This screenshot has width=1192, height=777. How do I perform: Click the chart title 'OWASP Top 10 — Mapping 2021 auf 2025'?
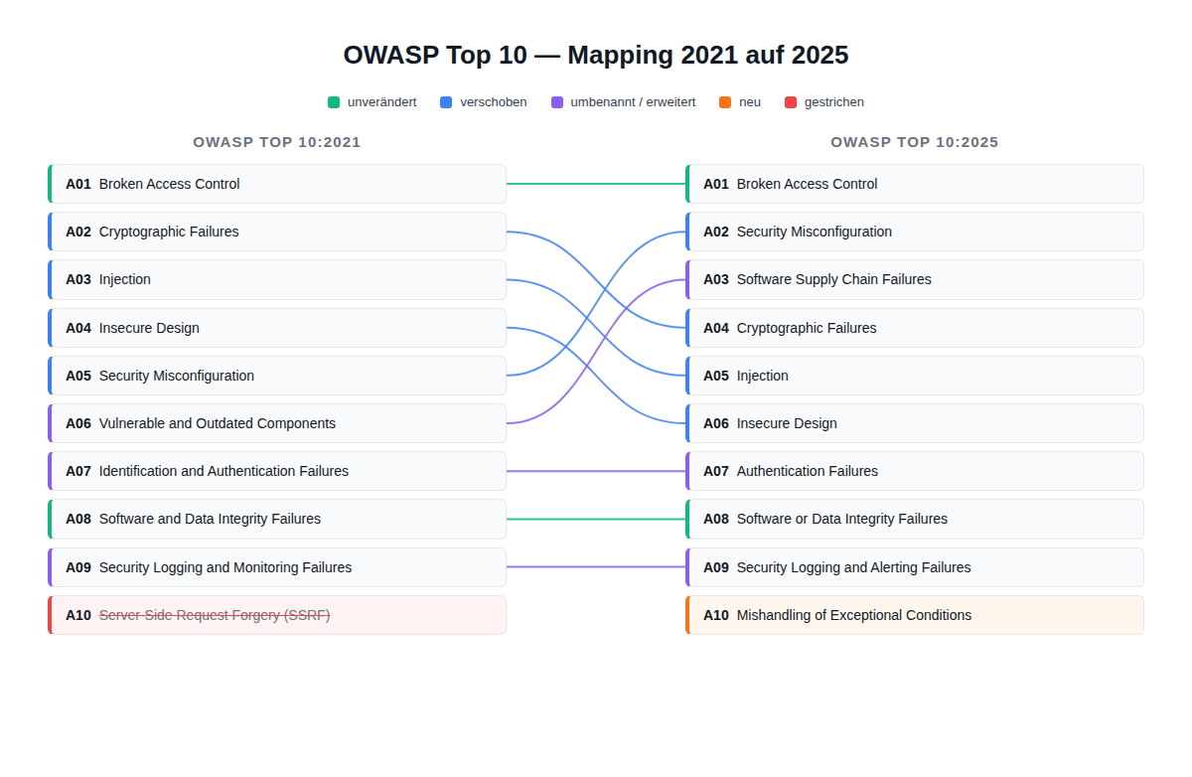[596, 55]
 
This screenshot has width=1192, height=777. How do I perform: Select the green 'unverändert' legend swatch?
[334, 102]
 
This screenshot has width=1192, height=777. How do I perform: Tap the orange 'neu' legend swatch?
[725, 102]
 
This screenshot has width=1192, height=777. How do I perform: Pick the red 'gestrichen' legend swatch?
[791, 102]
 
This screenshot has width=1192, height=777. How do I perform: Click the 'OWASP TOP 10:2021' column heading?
[277, 142]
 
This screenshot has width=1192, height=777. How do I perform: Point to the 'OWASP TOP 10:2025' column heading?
[915, 142]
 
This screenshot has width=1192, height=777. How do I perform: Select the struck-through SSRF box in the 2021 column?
[277, 615]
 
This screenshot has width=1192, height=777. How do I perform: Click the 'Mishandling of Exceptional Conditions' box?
[915, 615]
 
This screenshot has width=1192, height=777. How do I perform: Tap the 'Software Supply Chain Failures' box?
[915, 279]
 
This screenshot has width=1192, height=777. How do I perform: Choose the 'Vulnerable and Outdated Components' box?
[277, 423]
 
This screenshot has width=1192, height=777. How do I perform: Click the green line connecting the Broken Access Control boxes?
[596, 184]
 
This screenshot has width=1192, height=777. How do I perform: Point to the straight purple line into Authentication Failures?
[596, 471]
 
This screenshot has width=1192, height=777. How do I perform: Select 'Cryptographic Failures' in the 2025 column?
[915, 328]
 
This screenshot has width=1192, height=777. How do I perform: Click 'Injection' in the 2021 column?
[277, 279]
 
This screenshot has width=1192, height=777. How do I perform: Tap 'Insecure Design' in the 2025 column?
[915, 423]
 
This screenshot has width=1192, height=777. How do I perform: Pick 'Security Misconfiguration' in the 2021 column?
[277, 376]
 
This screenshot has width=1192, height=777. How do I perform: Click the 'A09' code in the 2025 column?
[716, 567]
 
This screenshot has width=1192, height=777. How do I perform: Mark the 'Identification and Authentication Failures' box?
[277, 471]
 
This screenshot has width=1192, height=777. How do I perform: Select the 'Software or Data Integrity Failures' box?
[915, 519]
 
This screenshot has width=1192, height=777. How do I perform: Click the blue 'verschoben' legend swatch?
[446, 102]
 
